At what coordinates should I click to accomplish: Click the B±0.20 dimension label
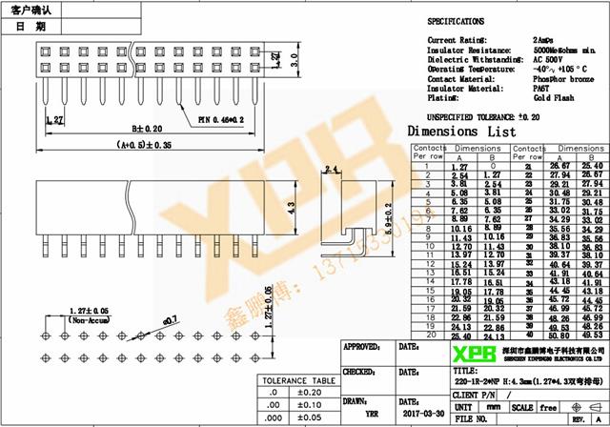tap(148, 128)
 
